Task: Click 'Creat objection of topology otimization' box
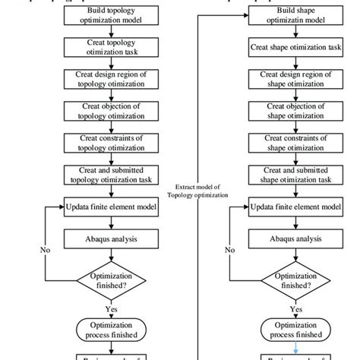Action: [x=111, y=112]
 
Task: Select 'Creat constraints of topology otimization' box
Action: [x=111, y=143]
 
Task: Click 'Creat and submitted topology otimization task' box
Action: [x=111, y=175]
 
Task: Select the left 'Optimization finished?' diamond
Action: [x=111, y=279]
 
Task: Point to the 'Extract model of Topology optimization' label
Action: [x=201, y=190]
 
